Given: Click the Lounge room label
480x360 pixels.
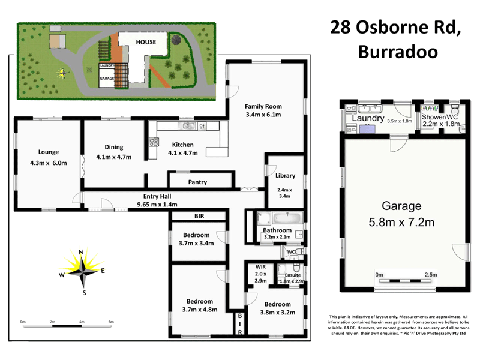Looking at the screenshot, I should click(x=48, y=152).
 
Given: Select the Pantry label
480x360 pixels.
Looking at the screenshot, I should click(x=197, y=181).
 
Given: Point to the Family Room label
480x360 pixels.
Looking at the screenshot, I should click(x=263, y=106).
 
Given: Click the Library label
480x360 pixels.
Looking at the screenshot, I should click(x=285, y=176).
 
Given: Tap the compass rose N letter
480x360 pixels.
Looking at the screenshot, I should click(x=81, y=252).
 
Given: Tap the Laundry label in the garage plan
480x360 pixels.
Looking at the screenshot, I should click(x=368, y=119).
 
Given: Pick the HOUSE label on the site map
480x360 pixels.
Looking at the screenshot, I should click(x=145, y=42).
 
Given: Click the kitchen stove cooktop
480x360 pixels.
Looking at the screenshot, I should click(x=154, y=143).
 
